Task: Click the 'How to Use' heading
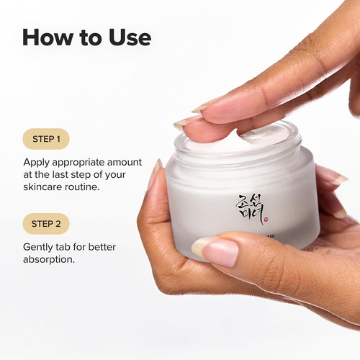[86, 37]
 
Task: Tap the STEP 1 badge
[46, 138]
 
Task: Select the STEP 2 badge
[46, 224]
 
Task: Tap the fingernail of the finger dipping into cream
[189, 121]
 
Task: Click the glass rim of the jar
[238, 153]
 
